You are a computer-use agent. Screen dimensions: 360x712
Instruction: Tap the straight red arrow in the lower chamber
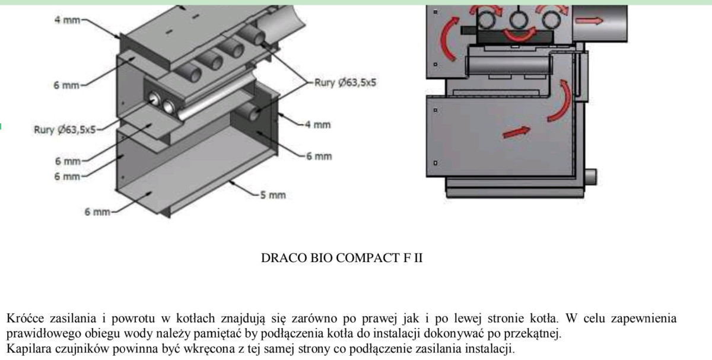(x=516, y=131)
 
